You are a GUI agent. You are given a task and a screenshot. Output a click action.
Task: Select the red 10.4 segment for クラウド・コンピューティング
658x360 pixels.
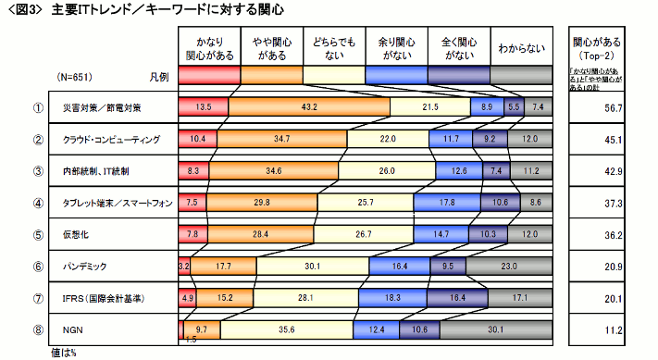point(197,139)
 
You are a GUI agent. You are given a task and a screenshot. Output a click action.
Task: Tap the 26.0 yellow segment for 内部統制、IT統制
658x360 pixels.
point(386,171)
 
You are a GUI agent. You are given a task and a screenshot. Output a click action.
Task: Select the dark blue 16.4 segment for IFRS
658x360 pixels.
point(456,298)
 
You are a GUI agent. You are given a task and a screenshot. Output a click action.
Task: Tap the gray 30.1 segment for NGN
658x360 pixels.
point(520,329)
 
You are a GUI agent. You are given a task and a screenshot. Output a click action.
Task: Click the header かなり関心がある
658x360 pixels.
point(209,48)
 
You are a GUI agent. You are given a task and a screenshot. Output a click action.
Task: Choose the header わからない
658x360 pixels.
point(521,48)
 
